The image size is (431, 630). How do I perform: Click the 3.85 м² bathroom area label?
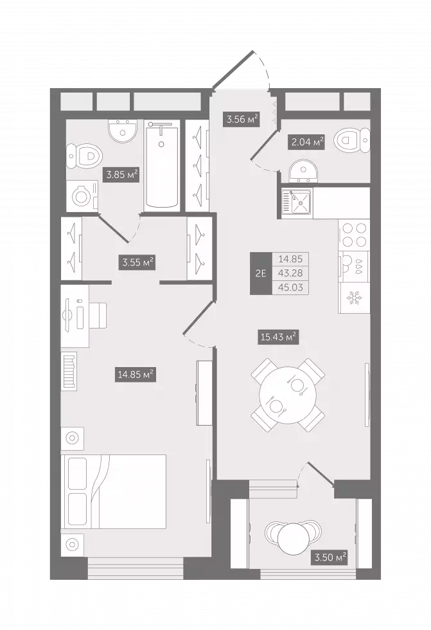click(x=122, y=175)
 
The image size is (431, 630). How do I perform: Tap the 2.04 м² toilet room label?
click(x=306, y=141)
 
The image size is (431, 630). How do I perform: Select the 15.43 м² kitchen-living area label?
click(x=279, y=337)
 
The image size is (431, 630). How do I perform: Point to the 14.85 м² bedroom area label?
click(x=136, y=375)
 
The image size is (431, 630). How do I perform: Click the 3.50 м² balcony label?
click(x=330, y=557)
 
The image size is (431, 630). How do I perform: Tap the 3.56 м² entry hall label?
click(x=241, y=119)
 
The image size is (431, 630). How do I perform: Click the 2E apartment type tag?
click(x=261, y=273)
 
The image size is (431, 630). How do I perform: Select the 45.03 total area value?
click(x=290, y=288)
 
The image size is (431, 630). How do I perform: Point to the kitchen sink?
click(x=297, y=203)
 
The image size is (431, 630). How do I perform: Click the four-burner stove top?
click(x=355, y=235)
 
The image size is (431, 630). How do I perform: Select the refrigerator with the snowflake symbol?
click(x=354, y=298)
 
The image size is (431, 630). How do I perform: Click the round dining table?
click(x=288, y=395)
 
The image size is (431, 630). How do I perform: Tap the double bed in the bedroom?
click(x=113, y=492)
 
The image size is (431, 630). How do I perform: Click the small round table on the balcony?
click(x=294, y=539)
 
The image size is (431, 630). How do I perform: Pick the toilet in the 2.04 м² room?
click(x=353, y=140)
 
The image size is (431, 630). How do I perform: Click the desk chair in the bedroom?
click(x=98, y=315)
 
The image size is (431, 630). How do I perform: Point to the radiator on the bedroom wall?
click(x=69, y=370)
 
